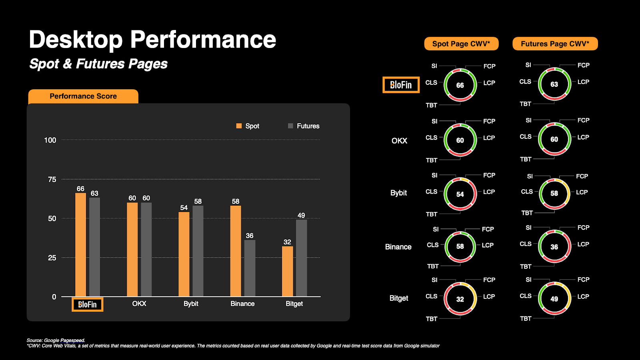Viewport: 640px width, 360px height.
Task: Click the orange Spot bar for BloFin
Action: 80,244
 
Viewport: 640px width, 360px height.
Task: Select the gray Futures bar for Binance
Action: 250,268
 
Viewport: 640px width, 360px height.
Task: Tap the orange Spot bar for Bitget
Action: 287,271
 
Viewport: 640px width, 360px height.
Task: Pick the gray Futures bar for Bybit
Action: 198,251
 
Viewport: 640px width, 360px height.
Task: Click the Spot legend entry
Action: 248,126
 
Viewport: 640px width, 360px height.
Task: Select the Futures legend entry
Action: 304,126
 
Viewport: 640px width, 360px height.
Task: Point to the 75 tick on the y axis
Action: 52,180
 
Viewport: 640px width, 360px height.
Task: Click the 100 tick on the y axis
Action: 50,140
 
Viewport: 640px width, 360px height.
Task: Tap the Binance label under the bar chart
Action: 242,304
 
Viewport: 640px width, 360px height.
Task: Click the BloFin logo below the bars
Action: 87,304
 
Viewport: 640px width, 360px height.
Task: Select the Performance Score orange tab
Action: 83,96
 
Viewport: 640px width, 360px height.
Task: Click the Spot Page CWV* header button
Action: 461,44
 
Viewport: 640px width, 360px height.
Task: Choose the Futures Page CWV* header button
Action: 555,44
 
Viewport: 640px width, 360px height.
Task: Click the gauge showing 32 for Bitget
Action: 460,299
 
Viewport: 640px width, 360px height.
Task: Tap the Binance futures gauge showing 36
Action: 554,247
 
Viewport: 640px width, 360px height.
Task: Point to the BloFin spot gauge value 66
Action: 460,85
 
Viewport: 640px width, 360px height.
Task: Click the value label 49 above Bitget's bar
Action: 301,215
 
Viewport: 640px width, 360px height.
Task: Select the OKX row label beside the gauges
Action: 399,141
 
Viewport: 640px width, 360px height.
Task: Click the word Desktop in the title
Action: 76,40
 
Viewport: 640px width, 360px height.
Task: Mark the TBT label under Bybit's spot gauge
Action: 432,214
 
